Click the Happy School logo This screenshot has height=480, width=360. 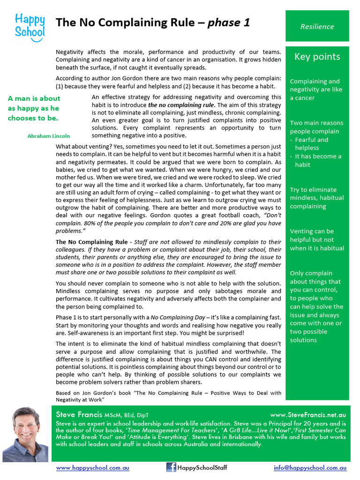point(30,26)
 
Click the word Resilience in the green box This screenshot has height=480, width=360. point(317,27)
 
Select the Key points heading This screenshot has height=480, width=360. point(317,57)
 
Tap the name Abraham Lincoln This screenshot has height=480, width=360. point(49,136)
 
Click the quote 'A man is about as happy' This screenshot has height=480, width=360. point(34,108)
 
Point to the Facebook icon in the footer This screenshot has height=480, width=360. point(171,467)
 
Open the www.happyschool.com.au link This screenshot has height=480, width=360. point(92,468)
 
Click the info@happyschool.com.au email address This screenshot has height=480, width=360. point(310,468)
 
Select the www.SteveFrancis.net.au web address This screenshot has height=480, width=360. point(308,415)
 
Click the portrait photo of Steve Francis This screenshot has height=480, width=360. point(25,435)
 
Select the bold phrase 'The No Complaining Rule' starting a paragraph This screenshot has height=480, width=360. point(91,242)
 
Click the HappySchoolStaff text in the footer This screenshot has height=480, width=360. point(202,468)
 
